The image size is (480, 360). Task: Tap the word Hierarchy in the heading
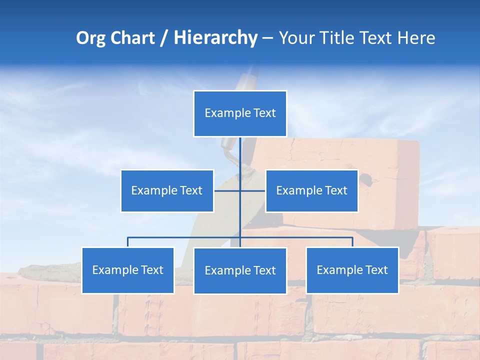pyautogui.click(x=215, y=38)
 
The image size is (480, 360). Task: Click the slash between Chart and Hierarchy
pyautogui.click(x=163, y=38)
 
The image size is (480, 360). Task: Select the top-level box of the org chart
pyautogui.click(x=240, y=113)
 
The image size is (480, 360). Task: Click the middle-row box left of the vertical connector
pyautogui.click(x=167, y=190)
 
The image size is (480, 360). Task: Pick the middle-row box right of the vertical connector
pyautogui.click(x=311, y=190)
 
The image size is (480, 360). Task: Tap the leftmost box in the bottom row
pyautogui.click(x=128, y=270)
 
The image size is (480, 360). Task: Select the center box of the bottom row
pyautogui.click(x=240, y=270)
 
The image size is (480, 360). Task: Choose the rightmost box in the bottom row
pyautogui.click(x=352, y=270)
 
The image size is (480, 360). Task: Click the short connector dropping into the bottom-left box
pyautogui.click(x=128, y=242)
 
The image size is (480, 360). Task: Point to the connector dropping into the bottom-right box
pyautogui.click(x=352, y=242)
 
